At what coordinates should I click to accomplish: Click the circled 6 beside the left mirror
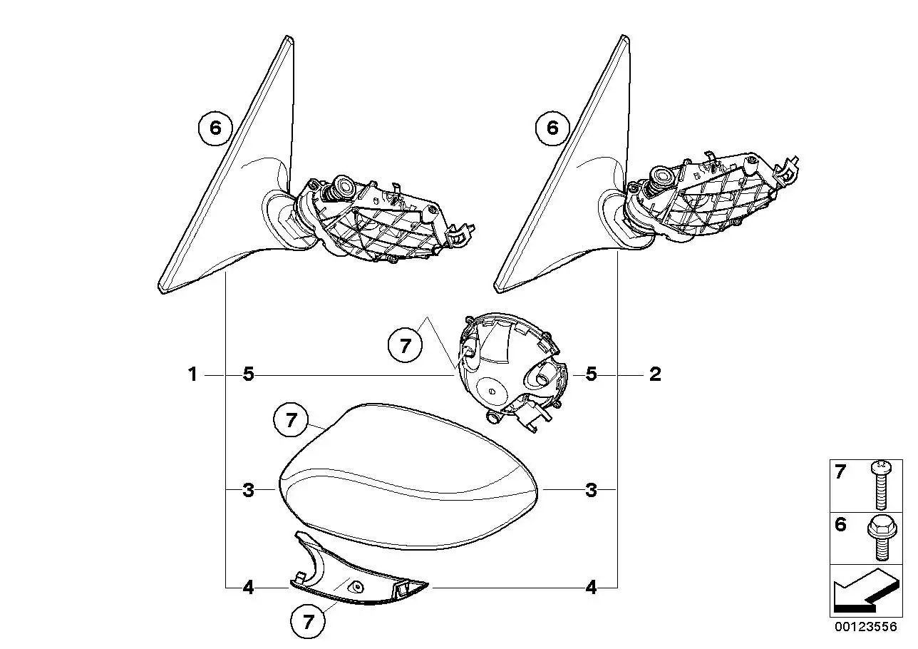[x=215, y=128]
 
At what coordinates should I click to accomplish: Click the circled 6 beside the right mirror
[x=552, y=128]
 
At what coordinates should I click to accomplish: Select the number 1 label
[x=192, y=374]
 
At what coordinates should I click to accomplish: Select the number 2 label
[x=655, y=374]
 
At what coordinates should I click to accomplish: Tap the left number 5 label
[x=248, y=374]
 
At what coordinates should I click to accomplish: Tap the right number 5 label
[x=591, y=374]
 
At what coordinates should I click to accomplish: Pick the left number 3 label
[x=248, y=490]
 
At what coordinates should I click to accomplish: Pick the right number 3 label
[x=591, y=490]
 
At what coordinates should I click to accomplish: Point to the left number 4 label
[x=248, y=588]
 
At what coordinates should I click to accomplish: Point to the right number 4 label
[x=591, y=588]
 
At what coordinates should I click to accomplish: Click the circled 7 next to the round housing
[x=405, y=346]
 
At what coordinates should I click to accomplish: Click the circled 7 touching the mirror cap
[x=291, y=420]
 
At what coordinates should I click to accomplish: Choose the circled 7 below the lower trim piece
[x=308, y=621]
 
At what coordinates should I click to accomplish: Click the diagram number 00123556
[x=865, y=627]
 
